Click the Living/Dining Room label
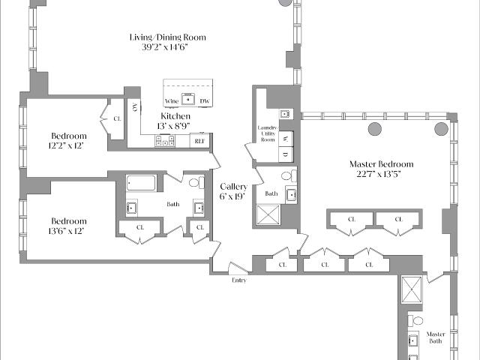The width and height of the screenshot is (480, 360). pyautogui.click(x=168, y=37)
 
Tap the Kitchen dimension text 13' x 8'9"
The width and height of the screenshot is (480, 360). pyautogui.click(x=173, y=126)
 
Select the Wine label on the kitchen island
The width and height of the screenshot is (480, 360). pyautogui.click(x=172, y=101)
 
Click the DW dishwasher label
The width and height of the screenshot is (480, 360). pyautogui.click(x=205, y=101)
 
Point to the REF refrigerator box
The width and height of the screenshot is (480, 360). pyautogui.click(x=199, y=141)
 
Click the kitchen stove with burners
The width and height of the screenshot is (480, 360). pyautogui.click(x=165, y=141)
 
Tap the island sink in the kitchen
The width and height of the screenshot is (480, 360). pyautogui.click(x=188, y=99)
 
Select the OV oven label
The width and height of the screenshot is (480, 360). pyautogui.click(x=135, y=106)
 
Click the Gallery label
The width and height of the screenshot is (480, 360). pyautogui.click(x=233, y=187)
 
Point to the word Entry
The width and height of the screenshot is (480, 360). pyautogui.click(x=239, y=280)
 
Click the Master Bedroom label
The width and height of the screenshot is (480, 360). pyautogui.click(x=382, y=164)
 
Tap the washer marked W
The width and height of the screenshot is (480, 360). pyautogui.click(x=286, y=139)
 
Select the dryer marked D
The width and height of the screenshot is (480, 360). pyautogui.click(x=286, y=154)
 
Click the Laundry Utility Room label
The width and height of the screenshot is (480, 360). pyautogui.click(x=268, y=133)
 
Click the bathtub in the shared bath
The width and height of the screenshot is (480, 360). pyautogui.click(x=141, y=183)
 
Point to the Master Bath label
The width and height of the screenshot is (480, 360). pyautogui.click(x=436, y=337)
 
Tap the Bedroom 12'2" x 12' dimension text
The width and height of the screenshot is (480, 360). pyautogui.click(x=66, y=145)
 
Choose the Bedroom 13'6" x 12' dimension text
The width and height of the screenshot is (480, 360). pyautogui.click(x=66, y=231)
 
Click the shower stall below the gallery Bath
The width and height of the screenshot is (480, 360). pyautogui.click(x=268, y=214)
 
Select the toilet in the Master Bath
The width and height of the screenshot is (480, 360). pyautogui.click(x=415, y=321)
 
